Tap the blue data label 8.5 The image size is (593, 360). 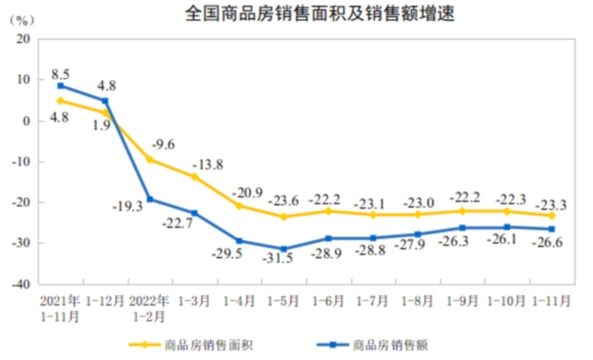(61, 75)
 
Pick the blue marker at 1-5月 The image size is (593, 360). (283, 249)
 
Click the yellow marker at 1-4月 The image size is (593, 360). (239, 205)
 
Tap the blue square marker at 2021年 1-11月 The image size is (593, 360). (61, 86)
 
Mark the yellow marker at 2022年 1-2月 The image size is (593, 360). (150, 160)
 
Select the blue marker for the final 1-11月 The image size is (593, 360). (552, 229)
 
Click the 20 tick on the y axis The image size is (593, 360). (24, 39)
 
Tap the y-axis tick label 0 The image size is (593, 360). (27, 120)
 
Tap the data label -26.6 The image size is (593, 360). (548, 243)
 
